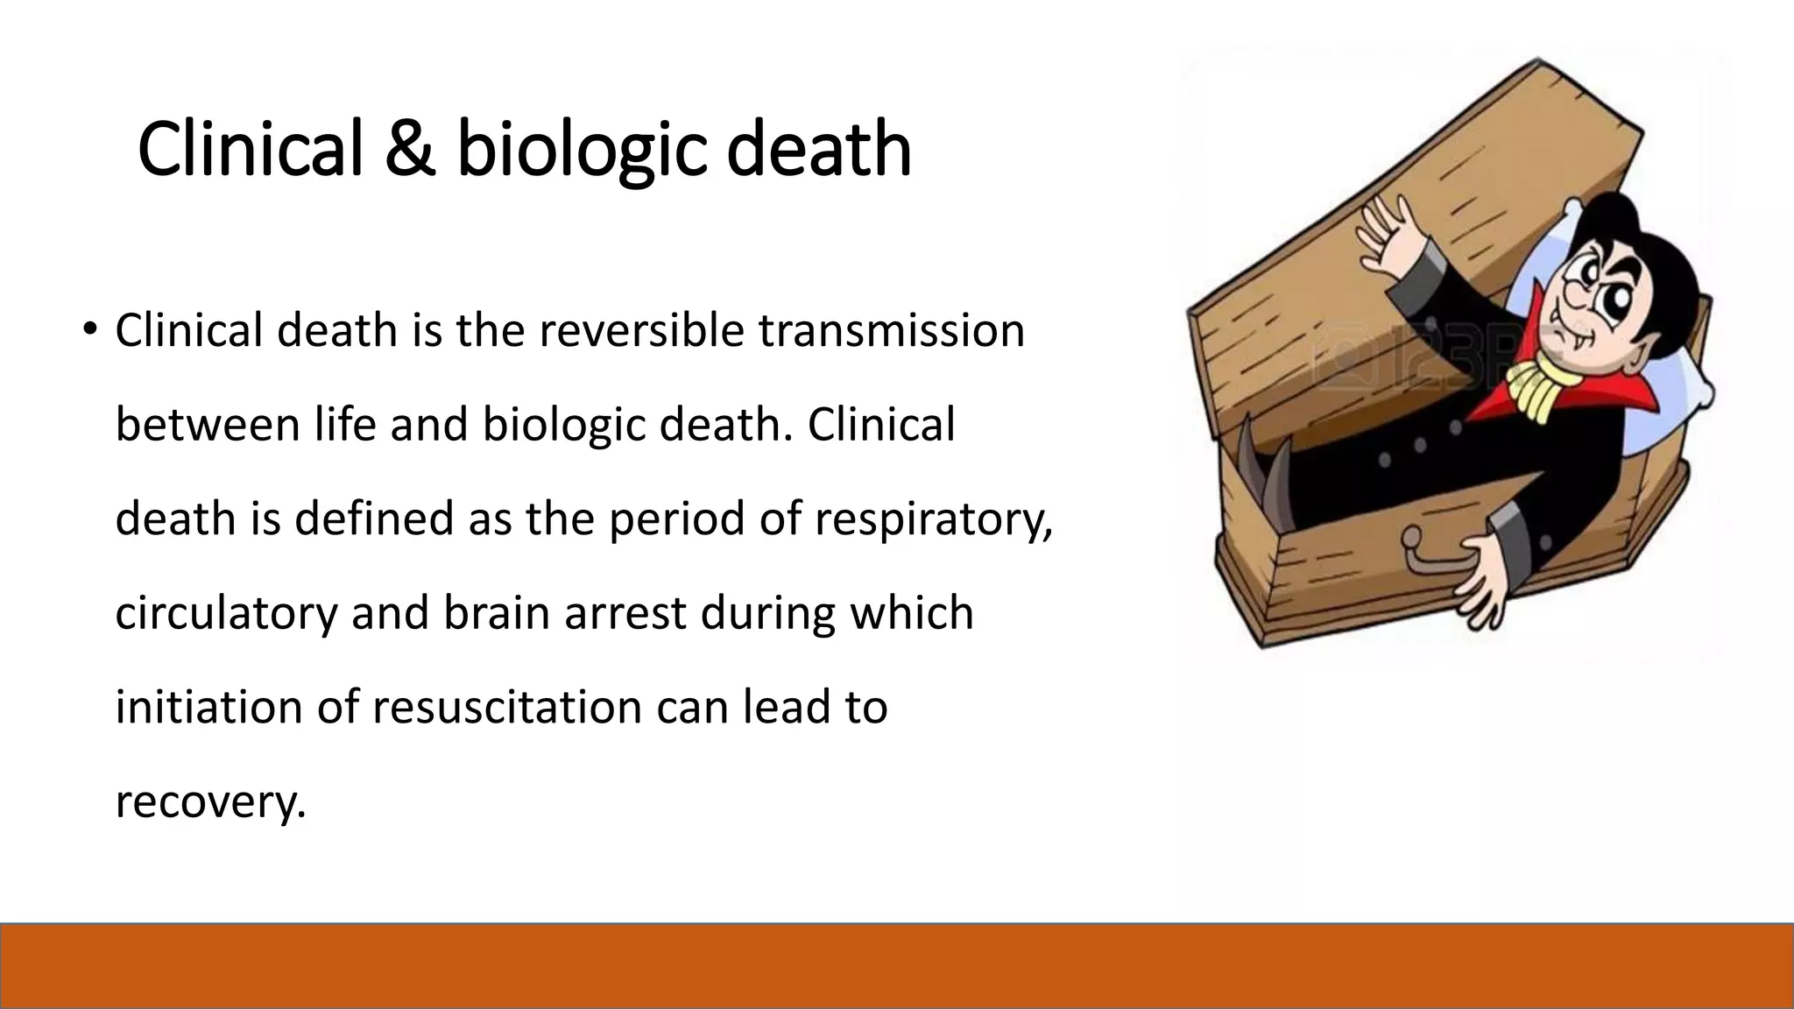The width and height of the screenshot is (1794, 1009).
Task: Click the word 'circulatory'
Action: coord(226,613)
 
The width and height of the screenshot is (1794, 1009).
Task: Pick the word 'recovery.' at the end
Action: coord(211,801)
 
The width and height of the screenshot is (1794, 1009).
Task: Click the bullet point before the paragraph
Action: coord(89,329)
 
